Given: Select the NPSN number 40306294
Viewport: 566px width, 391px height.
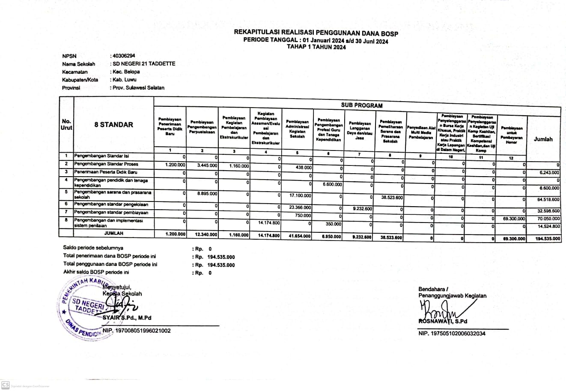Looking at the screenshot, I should pyautogui.click(x=124, y=56).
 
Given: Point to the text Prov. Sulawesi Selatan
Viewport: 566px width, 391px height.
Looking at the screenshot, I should pyautogui.click(x=138, y=87).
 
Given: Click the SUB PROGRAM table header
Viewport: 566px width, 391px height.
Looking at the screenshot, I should pyautogui.click(x=362, y=105).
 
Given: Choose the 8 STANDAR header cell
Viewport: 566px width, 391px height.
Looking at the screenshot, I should pyautogui.click(x=114, y=125).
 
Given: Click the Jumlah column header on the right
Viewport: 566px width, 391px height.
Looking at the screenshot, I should pyautogui.click(x=543, y=139).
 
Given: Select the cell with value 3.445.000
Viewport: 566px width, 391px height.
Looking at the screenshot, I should pyautogui.click(x=207, y=165).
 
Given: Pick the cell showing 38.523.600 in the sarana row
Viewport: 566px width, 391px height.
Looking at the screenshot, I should pyautogui.click(x=391, y=198).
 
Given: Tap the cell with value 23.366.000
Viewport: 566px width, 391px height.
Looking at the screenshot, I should pyautogui.click(x=299, y=207).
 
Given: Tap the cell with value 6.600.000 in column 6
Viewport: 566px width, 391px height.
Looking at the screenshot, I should pyautogui.click(x=332, y=184).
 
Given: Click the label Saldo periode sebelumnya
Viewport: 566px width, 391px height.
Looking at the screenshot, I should pyautogui.click(x=93, y=248).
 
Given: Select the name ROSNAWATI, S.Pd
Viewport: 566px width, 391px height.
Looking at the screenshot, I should pyautogui.click(x=443, y=321).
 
